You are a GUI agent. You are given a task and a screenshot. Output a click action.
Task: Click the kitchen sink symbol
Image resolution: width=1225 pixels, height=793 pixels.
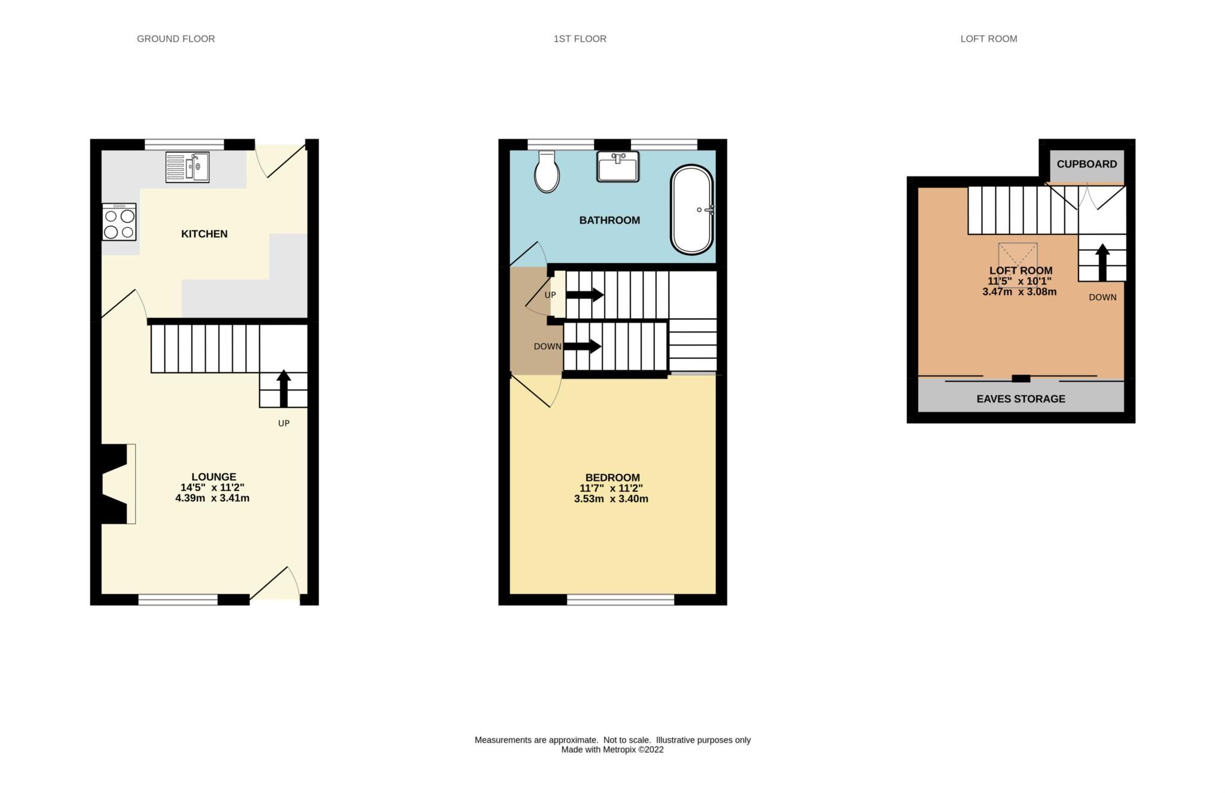pos(187,167)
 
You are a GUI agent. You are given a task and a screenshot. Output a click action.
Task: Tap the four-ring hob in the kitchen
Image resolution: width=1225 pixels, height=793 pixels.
pos(119,222)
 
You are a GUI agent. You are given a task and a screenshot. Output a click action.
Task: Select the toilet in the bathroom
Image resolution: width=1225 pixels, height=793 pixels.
pos(547,172)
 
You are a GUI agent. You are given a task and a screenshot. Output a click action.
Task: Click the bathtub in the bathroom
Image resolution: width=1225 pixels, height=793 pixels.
pos(692,210)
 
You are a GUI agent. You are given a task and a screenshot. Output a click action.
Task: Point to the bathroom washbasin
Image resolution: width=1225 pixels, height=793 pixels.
pos(618,166)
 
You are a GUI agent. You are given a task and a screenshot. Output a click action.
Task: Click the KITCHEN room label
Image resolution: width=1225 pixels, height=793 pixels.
pos(204,234)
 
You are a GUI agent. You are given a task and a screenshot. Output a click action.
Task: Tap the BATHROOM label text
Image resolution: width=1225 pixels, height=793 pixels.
pos(610,220)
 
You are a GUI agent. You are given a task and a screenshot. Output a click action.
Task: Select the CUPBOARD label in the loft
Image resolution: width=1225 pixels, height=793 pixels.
pos(1086,164)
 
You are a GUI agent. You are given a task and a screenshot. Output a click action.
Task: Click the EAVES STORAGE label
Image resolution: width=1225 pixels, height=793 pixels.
pos(1020,399)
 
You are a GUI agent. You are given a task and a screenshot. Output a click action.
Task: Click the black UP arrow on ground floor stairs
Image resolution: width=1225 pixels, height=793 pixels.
pos(284,388)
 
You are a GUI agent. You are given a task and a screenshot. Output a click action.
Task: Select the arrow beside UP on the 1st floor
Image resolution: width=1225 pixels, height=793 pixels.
pos(584,295)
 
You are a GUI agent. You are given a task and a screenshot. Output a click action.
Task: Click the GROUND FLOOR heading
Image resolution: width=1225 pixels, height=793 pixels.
pos(176,39)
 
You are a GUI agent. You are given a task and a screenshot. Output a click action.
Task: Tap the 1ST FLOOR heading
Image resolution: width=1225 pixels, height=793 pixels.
pos(580,39)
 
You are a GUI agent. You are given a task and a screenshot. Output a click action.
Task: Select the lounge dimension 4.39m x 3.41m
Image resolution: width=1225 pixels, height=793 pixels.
pos(212,498)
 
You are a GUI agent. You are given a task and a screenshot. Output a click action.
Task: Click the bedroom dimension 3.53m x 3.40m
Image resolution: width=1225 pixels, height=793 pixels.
pos(611,499)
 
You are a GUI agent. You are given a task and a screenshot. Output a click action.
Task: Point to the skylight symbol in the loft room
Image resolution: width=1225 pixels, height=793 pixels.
pos(1017,255)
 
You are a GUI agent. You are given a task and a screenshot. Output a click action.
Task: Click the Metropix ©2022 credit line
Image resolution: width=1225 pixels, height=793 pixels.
pos(612,750)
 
